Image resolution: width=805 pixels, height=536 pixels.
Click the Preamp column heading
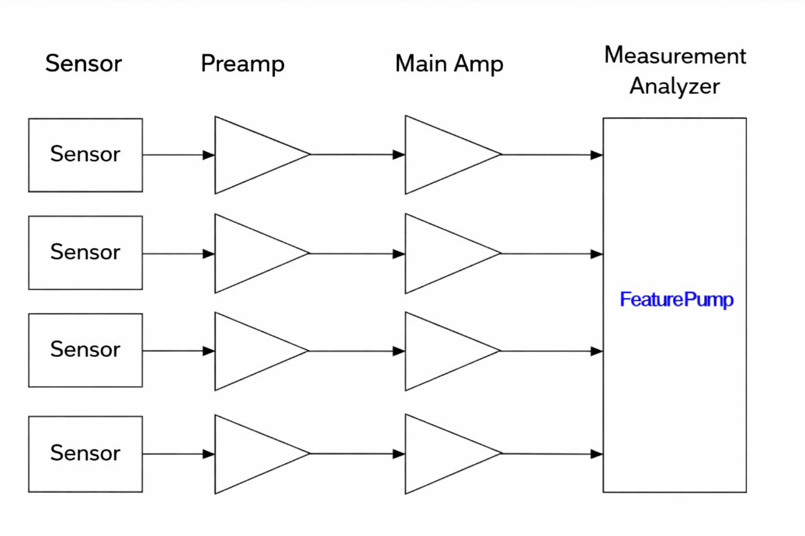click(242, 63)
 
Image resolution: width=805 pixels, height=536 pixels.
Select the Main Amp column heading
click(449, 63)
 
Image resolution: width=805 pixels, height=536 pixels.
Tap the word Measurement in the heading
click(675, 56)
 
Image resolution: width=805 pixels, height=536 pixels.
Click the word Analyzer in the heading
click(674, 86)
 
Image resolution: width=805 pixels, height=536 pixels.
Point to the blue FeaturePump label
click(676, 300)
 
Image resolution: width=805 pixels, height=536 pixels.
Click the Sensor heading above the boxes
click(83, 63)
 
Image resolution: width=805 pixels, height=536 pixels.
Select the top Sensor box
click(85, 154)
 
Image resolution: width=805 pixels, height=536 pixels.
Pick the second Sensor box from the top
click(85, 252)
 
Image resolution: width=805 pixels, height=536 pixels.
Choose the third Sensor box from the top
click(85, 350)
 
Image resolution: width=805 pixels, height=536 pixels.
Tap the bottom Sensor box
click(85, 453)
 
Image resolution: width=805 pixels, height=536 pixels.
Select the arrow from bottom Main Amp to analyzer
click(553, 454)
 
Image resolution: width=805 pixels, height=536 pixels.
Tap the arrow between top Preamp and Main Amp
click(358, 154)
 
